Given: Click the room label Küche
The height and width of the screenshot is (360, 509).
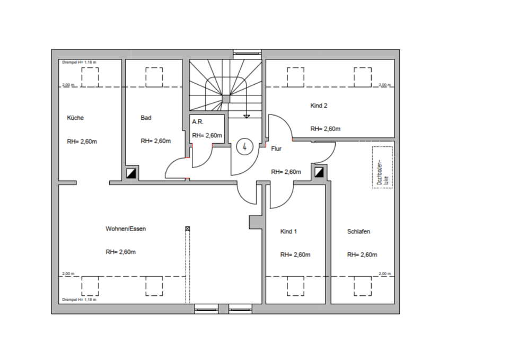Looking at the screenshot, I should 75,118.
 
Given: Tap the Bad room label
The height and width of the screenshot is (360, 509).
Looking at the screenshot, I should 146,118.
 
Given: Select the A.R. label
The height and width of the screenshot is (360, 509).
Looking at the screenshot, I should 198,122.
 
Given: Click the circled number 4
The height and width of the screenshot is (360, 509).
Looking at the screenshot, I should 244,146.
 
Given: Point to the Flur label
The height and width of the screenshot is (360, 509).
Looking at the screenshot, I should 276,149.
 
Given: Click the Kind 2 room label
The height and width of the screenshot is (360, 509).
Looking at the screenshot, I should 319,106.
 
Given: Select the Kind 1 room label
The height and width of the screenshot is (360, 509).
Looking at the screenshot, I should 288,232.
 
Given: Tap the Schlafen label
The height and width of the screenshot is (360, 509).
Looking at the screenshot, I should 358,232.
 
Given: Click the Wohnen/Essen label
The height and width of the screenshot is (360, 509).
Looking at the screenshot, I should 126,229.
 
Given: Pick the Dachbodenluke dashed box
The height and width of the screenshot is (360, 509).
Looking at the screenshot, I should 382,167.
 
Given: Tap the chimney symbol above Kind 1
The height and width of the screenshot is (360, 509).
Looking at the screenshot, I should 319,172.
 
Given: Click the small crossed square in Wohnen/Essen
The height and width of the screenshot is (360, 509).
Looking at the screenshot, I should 187,229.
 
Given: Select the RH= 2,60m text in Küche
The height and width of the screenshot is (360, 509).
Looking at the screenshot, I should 82,142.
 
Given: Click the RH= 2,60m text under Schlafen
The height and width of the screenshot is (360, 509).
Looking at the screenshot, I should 362,254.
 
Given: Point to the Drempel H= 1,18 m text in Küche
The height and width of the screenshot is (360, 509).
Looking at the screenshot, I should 80,63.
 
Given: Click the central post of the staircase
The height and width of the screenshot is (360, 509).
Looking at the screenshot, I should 226,99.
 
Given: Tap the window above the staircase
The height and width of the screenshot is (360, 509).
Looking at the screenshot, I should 248,52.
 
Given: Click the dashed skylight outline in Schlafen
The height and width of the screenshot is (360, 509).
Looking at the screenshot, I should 363,287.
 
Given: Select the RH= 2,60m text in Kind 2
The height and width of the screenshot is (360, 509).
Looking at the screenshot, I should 325,129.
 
